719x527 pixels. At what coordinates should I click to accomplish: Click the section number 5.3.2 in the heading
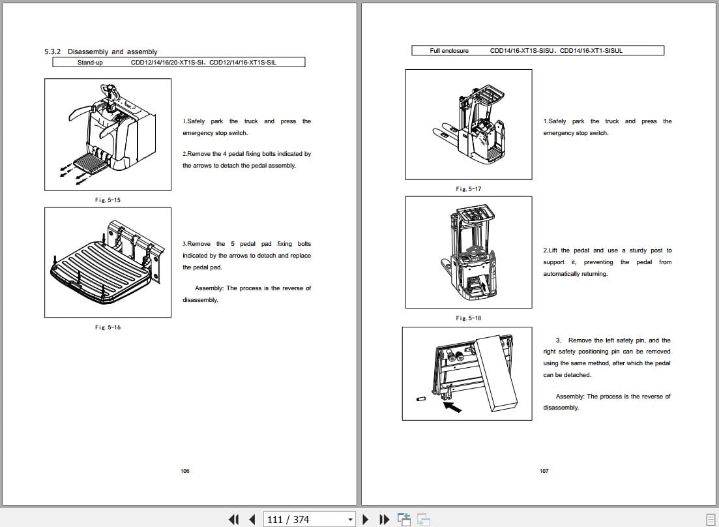pos(53,52)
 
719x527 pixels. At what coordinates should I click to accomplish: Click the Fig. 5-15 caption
pos(108,200)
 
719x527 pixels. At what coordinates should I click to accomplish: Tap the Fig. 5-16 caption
pos(108,327)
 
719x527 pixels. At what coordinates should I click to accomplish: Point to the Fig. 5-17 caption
pos(468,189)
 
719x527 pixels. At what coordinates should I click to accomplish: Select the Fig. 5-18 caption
pos(468,318)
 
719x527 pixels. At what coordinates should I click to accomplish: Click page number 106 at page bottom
pos(184,471)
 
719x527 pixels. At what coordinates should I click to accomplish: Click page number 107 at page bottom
pos(544,471)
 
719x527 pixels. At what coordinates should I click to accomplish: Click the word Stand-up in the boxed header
pos(90,63)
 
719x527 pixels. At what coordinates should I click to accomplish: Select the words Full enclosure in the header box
pos(449,51)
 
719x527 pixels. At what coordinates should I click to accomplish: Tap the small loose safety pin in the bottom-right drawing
pos(421,398)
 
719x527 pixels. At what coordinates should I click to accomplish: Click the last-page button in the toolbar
pos(385,519)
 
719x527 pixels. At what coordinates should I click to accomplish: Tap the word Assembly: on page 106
pos(209,288)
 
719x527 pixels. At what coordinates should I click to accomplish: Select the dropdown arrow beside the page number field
pos(350,520)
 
